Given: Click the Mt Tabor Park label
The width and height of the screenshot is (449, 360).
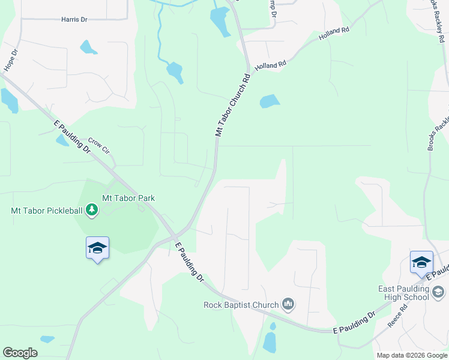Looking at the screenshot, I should tap(128, 198).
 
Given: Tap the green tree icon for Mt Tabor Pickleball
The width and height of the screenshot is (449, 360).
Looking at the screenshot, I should tap(92, 210).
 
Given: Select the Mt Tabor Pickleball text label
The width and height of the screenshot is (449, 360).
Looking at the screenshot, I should tap(47, 210).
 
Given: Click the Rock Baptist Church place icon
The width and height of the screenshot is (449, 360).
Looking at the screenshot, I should tap(289, 305).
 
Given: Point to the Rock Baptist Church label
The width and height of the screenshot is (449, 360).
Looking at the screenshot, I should tap(241, 305).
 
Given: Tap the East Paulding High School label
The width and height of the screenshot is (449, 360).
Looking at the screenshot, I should tap(403, 293).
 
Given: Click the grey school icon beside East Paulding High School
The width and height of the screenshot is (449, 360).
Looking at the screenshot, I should tap(438, 292).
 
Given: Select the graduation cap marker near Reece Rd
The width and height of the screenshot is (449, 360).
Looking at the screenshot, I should tap(421, 262).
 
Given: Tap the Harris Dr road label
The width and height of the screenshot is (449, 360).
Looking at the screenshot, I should tap(74, 20).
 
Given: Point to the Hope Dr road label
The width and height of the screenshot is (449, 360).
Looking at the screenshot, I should tap(10, 61).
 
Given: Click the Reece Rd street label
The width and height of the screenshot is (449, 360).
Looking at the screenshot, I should tap(397, 316).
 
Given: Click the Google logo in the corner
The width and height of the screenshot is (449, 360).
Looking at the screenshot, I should tap(20, 353).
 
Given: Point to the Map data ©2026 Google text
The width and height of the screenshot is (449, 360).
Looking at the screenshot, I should tap(412, 355).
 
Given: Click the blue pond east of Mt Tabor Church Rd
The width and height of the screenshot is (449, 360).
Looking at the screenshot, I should tap(270, 101).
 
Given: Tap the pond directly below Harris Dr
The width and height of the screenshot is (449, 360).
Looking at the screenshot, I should tap(88, 47).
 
